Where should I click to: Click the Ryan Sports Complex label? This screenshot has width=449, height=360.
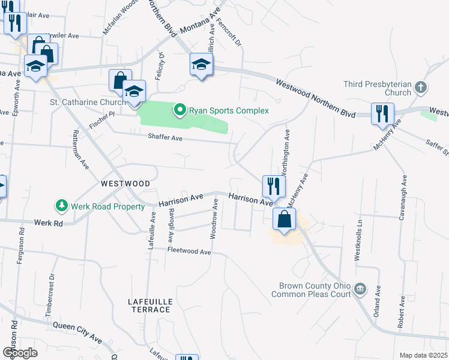pyautogui.click(x=229, y=110)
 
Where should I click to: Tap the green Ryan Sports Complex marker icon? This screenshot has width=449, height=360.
pyautogui.click(x=179, y=110)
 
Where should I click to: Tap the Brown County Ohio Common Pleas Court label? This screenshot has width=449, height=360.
pyautogui.click(x=311, y=290)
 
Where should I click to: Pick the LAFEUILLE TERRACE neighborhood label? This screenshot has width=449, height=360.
pyautogui.click(x=151, y=305)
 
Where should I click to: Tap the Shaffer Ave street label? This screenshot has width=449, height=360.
pyautogui.click(x=165, y=137)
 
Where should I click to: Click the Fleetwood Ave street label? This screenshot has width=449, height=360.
pyautogui.click(x=189, y=251)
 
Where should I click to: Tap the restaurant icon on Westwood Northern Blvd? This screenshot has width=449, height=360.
pyautogui.click(x=382, y=113)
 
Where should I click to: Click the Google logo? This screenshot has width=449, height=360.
pyautogui.click(x=20, y=353)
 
